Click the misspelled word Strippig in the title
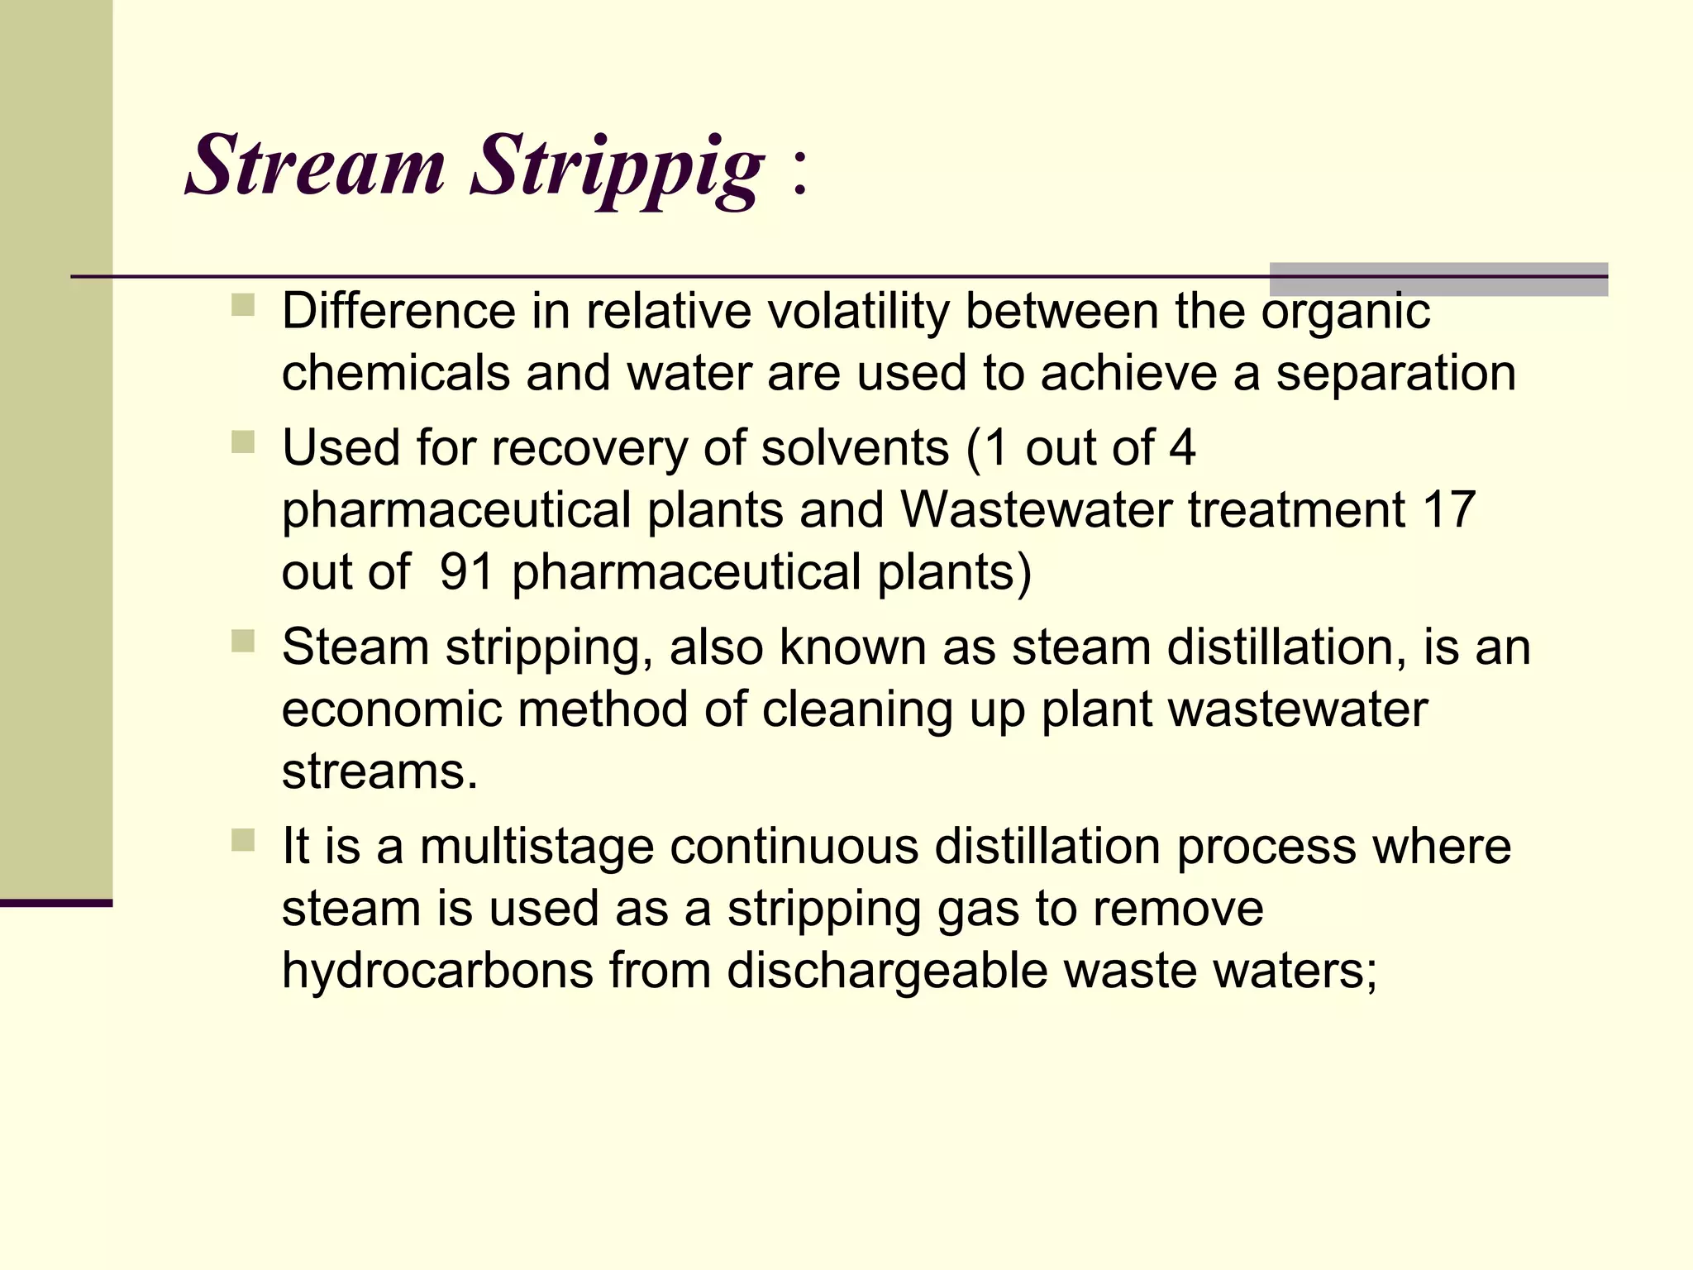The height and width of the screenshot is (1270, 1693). pyautogui.click(x=617, y=169)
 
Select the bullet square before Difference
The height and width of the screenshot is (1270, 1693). pyautogui.click(x=243, y=306)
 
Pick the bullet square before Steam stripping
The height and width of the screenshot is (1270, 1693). pyautogui.click(x=243, y=642)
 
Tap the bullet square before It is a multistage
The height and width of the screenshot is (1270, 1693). pyautogui.click(x=243, y=841)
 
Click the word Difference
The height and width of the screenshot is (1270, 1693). pyautogui.click(x=399, y=312)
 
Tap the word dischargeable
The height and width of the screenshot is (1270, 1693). pyautogui.click(x=887, y=972)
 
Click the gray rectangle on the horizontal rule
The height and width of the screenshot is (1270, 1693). pyautogui.click(x=1438, y=279)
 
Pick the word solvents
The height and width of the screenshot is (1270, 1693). pyautogui.click(x=854, y=448)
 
